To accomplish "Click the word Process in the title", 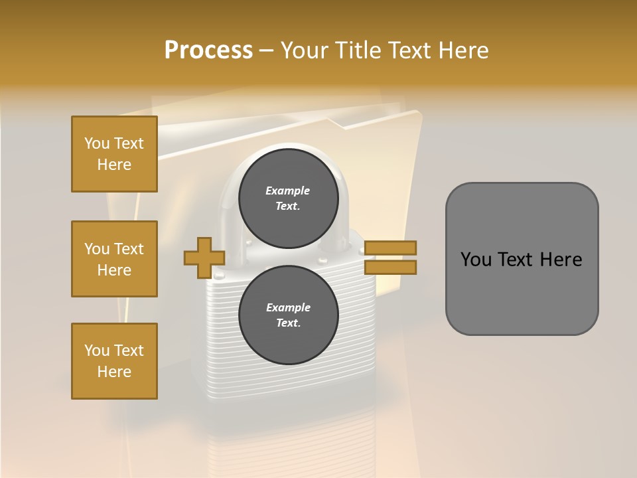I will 208,50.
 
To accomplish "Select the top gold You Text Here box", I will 114,154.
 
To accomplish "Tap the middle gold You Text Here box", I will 114,259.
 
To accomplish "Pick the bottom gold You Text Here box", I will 114,361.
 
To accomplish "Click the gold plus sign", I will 204,258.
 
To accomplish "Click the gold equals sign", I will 390,258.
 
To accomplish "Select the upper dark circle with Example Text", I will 288,198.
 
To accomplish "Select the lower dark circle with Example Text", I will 288,315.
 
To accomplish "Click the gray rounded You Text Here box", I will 522,259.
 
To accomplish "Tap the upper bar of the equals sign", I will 390,248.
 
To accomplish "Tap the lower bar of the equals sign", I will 390,267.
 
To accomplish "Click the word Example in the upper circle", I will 288,191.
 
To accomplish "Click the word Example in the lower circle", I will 288,307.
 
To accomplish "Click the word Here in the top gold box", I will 114,165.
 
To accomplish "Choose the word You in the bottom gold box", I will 96,351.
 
